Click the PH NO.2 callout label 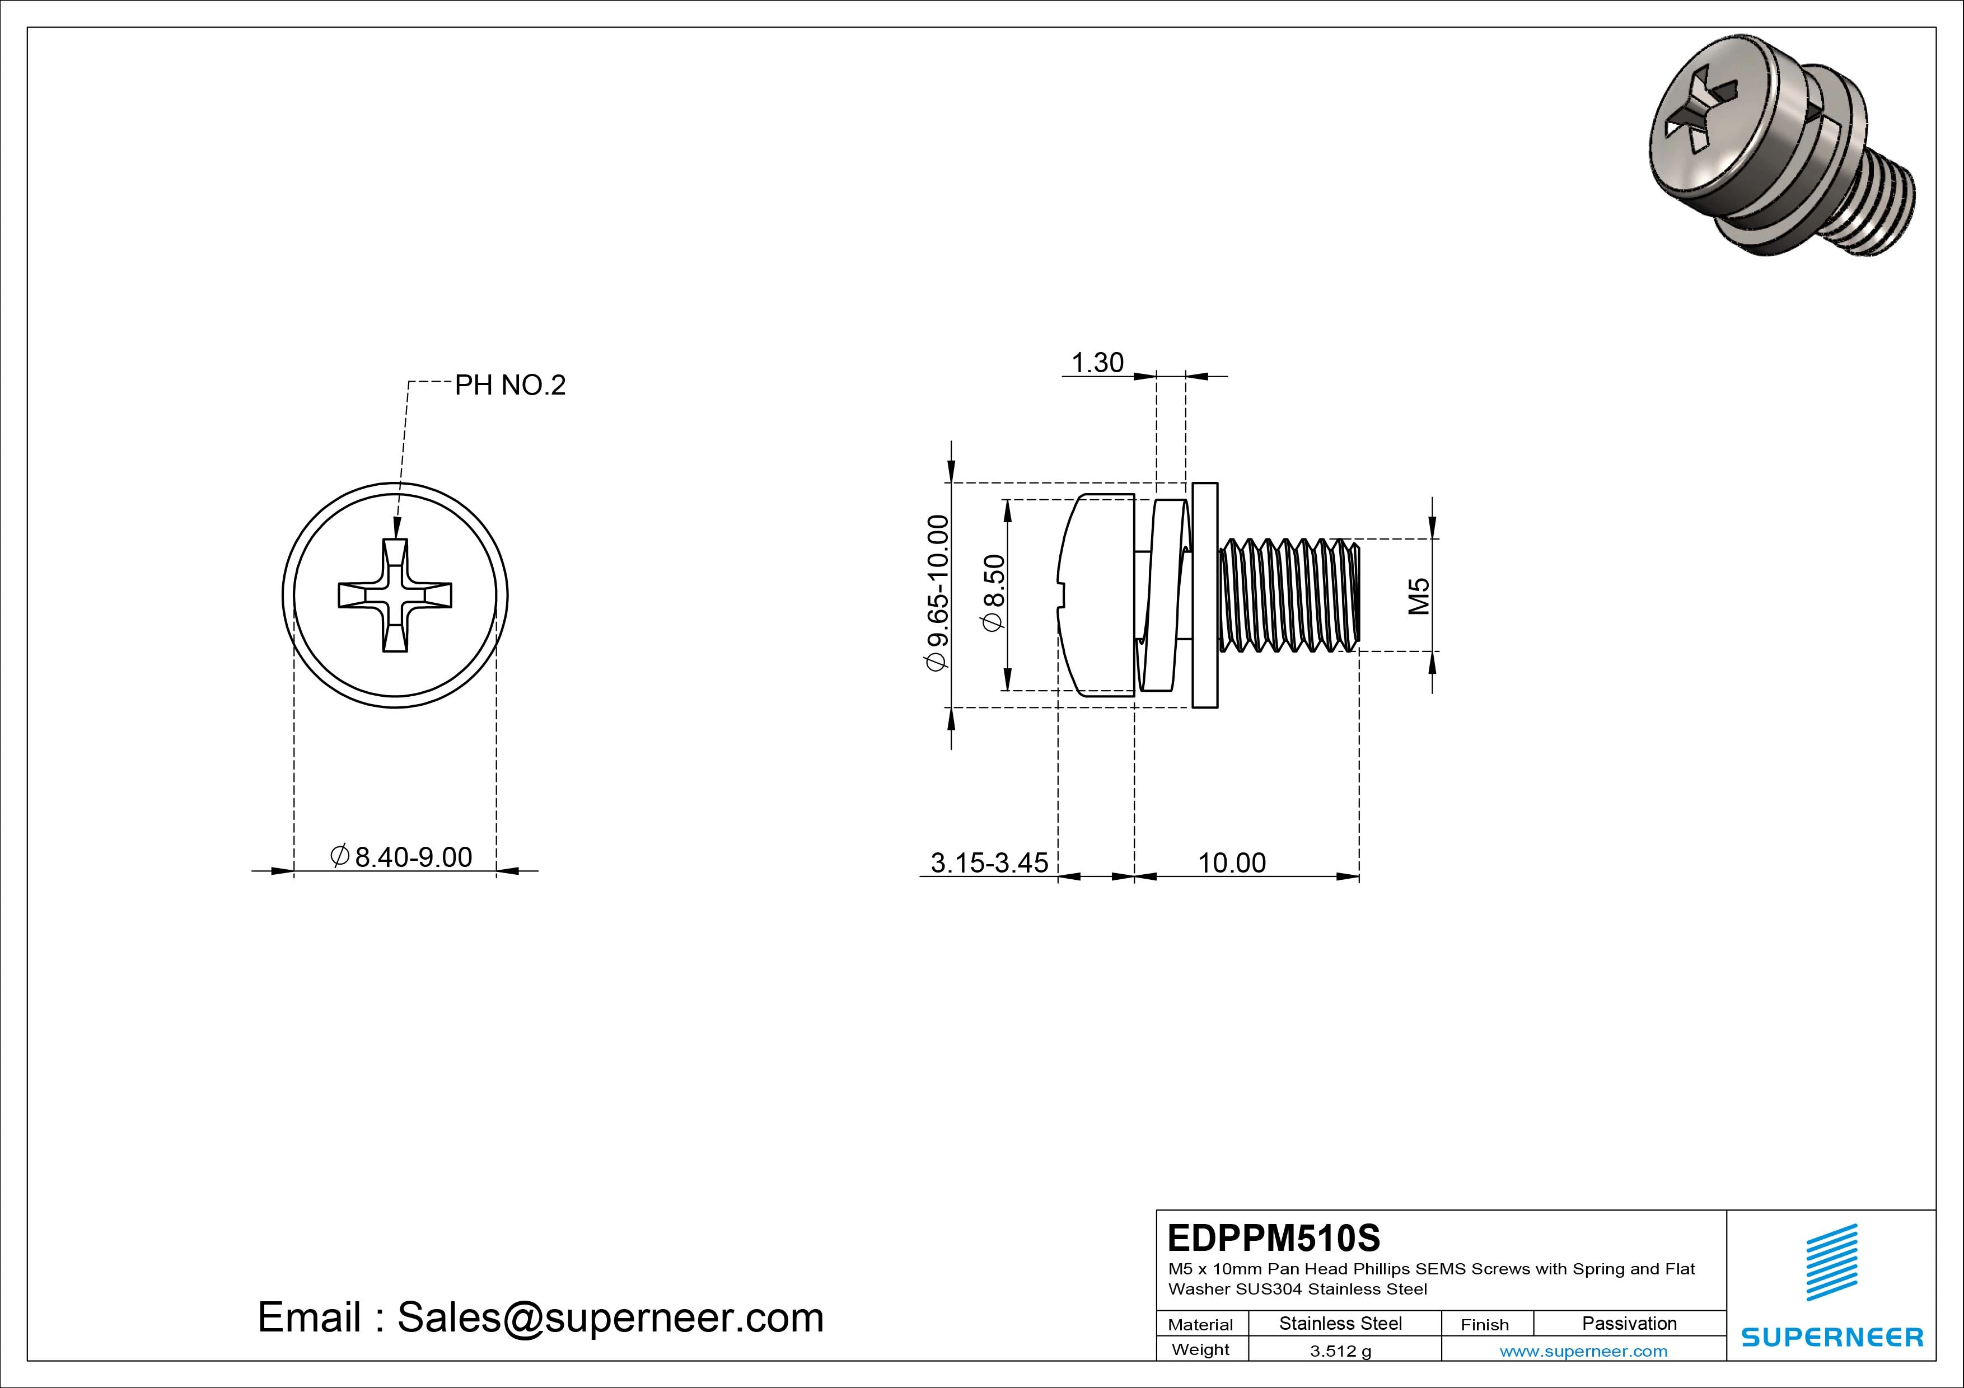tap(510, 386)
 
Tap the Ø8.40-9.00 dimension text tap(401, 857)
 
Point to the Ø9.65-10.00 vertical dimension tap(938, 593)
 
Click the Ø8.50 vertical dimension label tap(994, 593)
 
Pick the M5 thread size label tap(1419, 596)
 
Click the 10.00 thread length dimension tap(1232, 863)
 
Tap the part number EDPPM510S tap(1274, 1237)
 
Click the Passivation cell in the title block tap(1629, 1323)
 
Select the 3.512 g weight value tap(1340, 1351)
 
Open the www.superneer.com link tap(1583, 1351)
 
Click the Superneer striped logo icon tap(1831, 1262)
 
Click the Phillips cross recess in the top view tap(395, 595)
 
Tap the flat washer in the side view tap(1204, 595)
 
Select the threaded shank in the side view tap(1287, 595)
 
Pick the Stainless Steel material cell tap(1340, 1323)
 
